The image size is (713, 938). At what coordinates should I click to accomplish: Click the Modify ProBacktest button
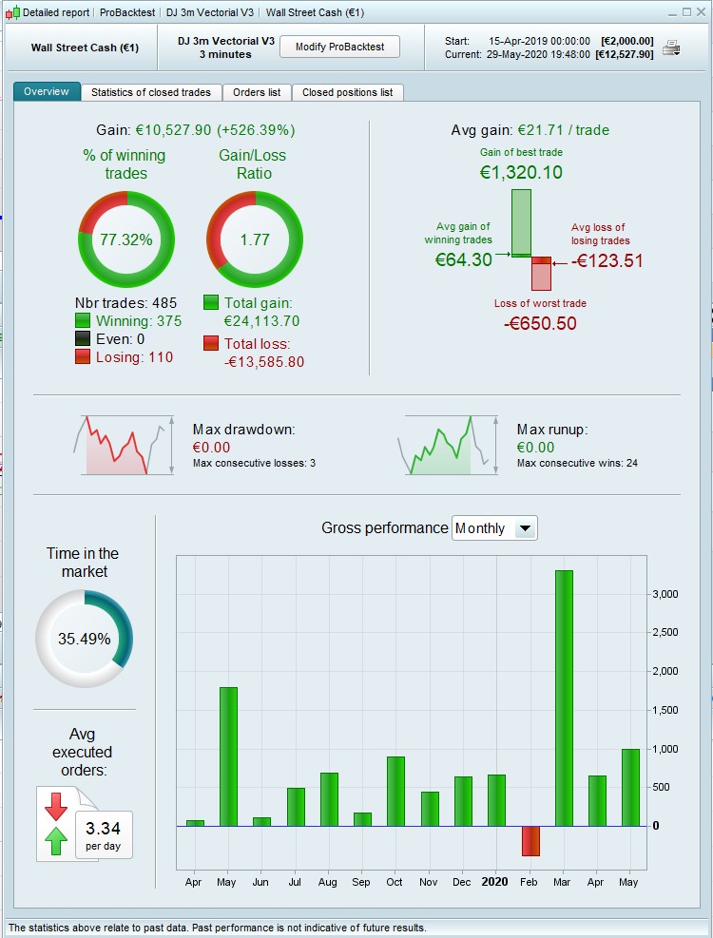click(x=339, y=48)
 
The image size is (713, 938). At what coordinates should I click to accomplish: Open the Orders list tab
click(x=257, y=92)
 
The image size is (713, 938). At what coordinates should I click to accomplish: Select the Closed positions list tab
click(x=347, y=92)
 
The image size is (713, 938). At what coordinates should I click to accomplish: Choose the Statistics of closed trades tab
click(x=152, y=92)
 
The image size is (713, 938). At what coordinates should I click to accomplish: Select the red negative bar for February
click(x=530, y=840)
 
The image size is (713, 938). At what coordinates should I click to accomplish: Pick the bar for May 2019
click(x=228, y=756)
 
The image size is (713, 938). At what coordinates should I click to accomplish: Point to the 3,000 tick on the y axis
click(x=665, y=594)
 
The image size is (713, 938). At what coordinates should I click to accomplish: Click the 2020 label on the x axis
click(x=495, y=882)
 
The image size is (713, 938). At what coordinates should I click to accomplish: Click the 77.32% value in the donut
click(x=125, y=239)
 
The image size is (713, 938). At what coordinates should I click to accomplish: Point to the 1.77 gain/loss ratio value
click(x=255, y=239)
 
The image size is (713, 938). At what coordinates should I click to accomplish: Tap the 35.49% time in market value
click(x=84, y=639)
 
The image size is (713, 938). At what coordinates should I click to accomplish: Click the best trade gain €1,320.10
click(x=521, y=172)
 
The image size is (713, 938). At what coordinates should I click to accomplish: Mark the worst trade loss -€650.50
click(x=540, y=323)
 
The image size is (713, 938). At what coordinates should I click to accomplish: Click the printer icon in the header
click(x=671, y=48)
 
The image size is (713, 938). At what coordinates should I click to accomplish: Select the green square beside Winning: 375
click(x=83, y=321)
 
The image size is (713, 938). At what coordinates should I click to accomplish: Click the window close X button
click(x=701, y=11)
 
